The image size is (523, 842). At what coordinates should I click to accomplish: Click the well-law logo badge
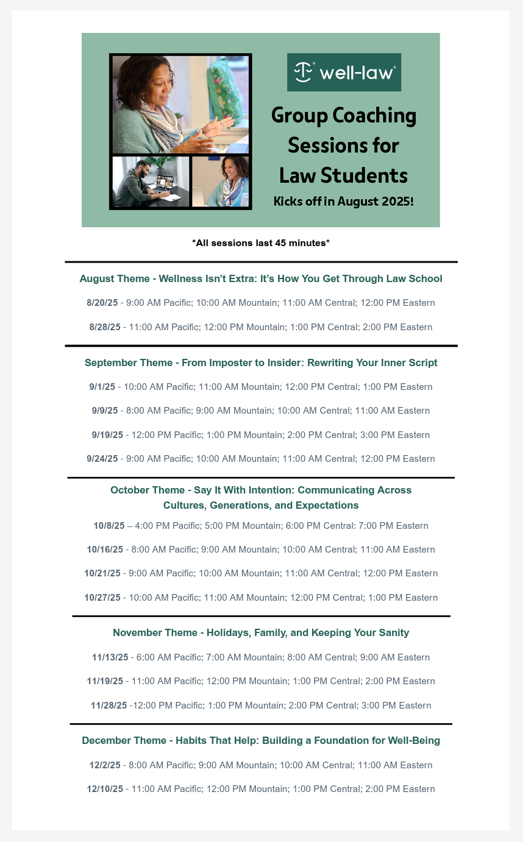[x=344, y=72]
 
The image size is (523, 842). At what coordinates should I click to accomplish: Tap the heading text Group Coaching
[x=344, y=115]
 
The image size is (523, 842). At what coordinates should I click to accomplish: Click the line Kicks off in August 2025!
[x=344, y=201]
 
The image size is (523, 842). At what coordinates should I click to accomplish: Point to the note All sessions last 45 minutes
[x=261, y=243]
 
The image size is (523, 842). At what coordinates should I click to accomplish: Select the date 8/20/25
[x=102, y=303]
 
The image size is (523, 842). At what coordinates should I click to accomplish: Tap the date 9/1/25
[x=102, y=387]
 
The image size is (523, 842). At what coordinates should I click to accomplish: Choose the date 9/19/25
[x=107, y=435]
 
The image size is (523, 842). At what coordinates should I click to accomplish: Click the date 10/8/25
[x=109, y=526]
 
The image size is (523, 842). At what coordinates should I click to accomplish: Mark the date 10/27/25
[x=102, y=598]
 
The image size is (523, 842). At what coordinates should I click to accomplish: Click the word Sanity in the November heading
[x=393, y=633]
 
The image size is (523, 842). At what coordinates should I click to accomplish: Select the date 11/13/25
[x=110, y=657]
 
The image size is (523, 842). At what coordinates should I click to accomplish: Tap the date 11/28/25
[x=109, y=706]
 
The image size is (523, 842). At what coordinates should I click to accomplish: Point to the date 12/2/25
[x=105, y=765]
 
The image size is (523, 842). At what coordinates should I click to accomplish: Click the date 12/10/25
[x=105, y=789]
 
